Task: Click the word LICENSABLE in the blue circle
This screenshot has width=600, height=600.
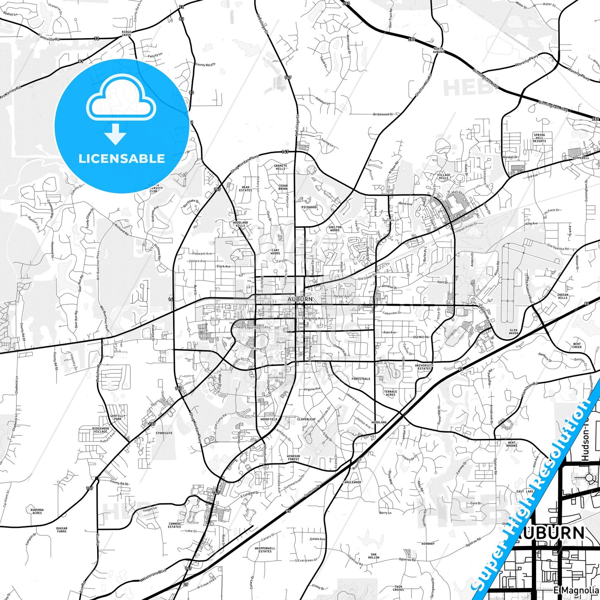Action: coord(121,159)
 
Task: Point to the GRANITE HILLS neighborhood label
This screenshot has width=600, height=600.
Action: coord(280,167)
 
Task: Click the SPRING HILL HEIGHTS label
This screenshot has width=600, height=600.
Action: coord(539,138)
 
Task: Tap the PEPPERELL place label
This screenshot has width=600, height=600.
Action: coord(580,158)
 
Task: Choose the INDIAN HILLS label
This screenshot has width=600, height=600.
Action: coord(563,296)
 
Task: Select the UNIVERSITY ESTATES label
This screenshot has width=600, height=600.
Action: coord(424,367)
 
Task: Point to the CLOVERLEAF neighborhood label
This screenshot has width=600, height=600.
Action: coord(306,419)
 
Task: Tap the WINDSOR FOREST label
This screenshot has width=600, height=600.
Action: coord(293,458)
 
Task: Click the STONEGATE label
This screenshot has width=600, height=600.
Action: coord(164,433)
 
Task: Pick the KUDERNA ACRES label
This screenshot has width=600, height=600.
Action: coord(37,511)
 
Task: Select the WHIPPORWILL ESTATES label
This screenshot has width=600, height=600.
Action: coord(264,550)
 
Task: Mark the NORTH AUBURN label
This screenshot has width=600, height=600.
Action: coord(438,51)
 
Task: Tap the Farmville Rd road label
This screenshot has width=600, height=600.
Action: coord(49,37)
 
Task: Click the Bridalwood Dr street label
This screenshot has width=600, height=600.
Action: coord(383,114)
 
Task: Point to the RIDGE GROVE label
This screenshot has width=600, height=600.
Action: coord(127,33)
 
